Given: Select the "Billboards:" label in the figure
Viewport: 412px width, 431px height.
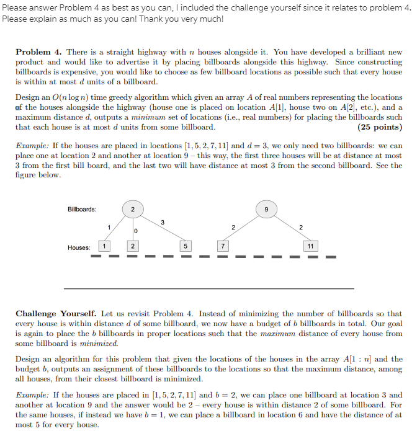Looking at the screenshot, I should pos(82,209).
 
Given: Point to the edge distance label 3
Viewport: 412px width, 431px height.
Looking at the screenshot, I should pos(162,221).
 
